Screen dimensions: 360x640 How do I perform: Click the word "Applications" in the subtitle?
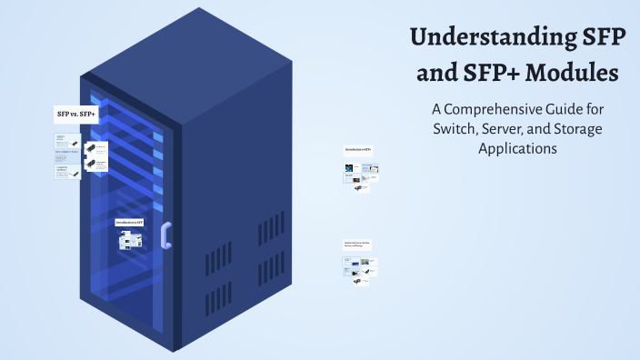pos(517,148)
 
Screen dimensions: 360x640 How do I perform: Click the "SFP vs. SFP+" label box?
pos(76,114)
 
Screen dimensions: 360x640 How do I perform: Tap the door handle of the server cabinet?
pos(165,235)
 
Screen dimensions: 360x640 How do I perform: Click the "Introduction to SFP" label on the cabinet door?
pos(129,222)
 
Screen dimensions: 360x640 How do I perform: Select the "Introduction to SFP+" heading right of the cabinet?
pos(358,149)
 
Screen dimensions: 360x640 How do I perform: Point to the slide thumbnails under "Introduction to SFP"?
pos(130,240)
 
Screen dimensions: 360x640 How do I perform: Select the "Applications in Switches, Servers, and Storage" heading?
pos(357,244)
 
